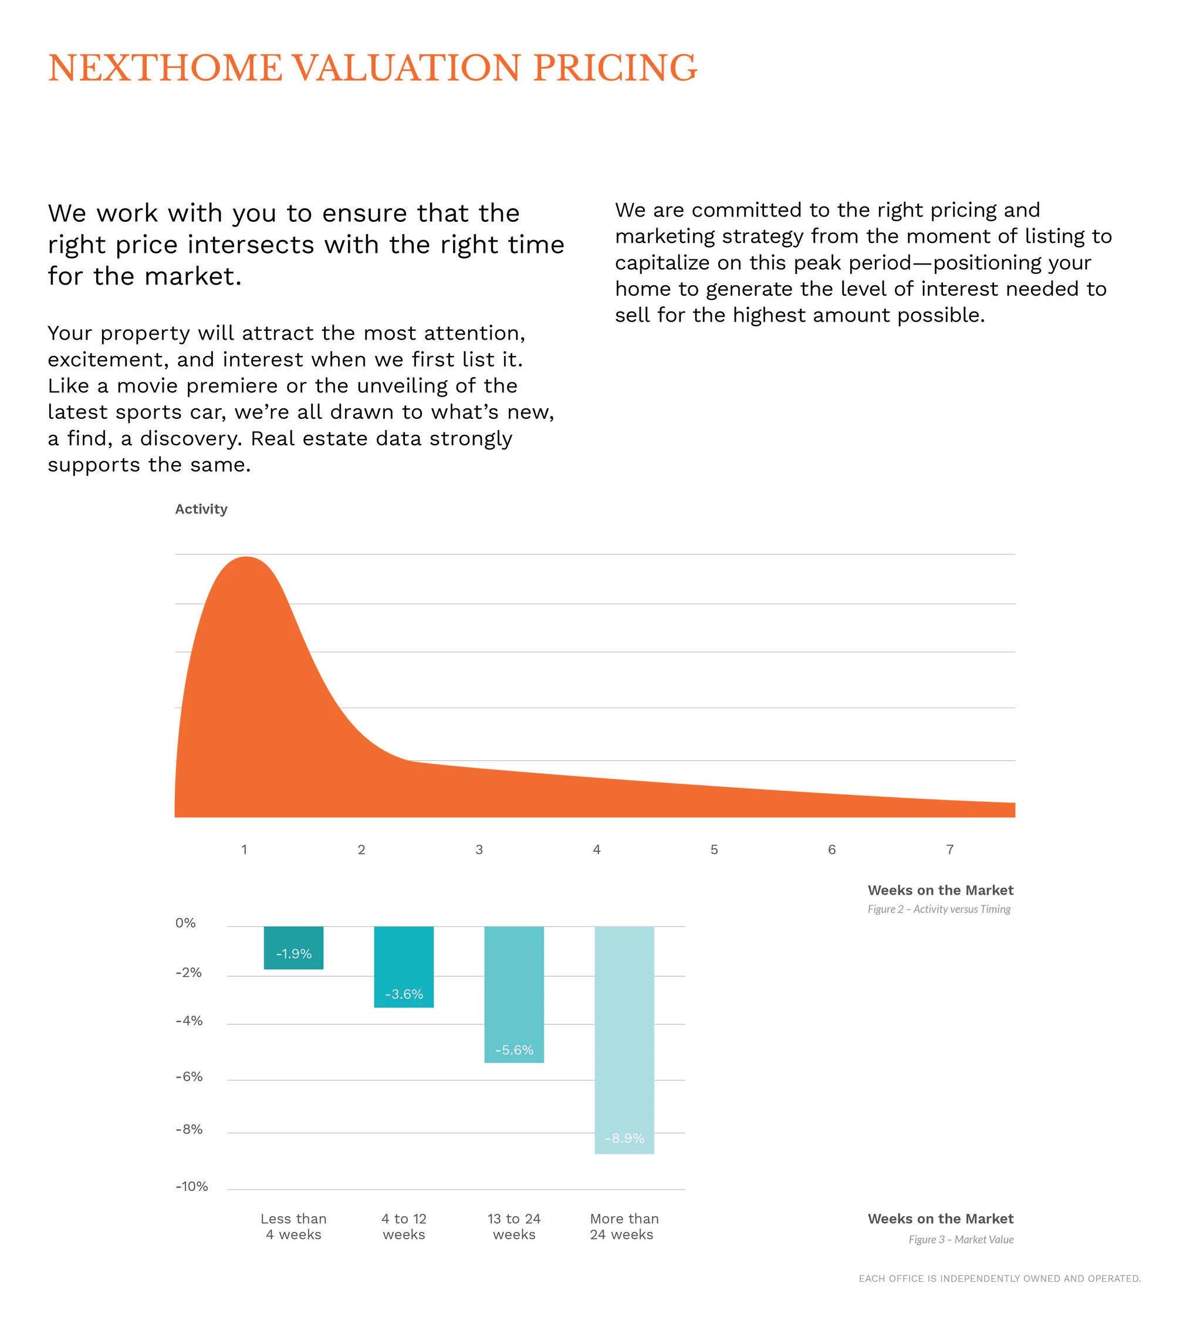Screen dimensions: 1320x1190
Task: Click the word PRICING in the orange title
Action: point(614,68)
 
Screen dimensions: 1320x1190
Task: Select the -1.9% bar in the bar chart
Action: point(293,947)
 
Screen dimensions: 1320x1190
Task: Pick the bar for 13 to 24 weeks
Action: point(514,994)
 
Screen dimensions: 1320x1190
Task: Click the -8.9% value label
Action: point(624,1138)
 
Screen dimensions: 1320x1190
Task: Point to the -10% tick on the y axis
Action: point(191,1187)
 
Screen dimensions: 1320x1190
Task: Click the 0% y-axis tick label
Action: point(185,922)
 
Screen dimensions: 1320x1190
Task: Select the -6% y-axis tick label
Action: point(189,1077)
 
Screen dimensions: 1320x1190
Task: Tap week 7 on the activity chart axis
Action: point(949,849)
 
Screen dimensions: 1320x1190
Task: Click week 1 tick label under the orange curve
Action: point(244,849)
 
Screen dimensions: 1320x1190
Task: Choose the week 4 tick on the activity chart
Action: point(596,849)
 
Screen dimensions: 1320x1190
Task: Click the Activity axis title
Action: point(201,509)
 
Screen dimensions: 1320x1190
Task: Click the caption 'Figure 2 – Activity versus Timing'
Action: point(938,909)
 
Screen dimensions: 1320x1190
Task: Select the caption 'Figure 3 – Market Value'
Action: point(961,1239)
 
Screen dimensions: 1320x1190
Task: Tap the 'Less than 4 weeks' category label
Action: point(293,1227)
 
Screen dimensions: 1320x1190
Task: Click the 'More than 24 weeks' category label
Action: point(624,1227)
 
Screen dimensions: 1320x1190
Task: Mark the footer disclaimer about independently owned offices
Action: point(999,1278)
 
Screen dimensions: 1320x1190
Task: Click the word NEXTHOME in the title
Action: point(165,68)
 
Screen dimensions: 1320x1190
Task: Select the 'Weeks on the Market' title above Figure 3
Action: point(940,1219)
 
